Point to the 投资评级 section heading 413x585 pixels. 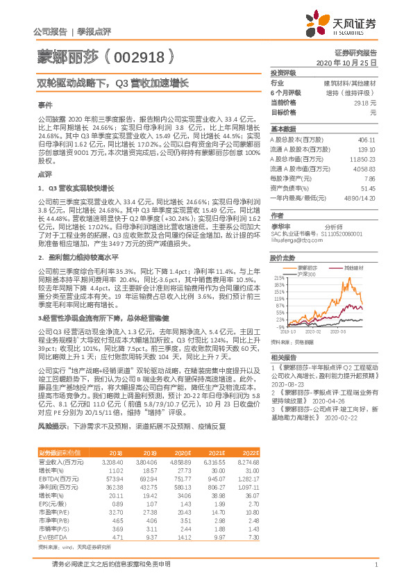tap(283, 72)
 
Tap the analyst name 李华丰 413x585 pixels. tap(280, 226)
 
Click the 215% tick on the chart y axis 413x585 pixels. tap(280, 277)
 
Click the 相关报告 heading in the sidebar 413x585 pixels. tap(283, 356)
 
